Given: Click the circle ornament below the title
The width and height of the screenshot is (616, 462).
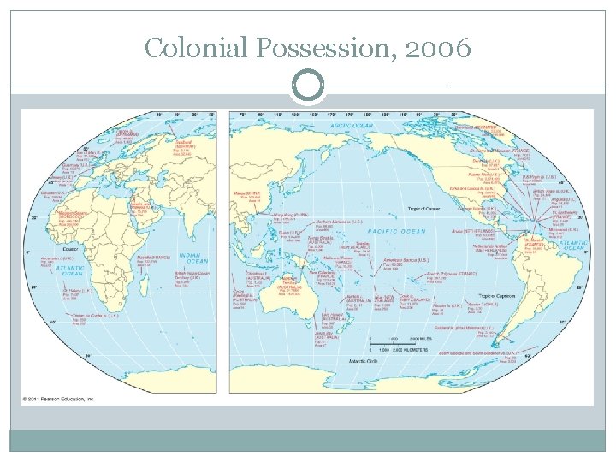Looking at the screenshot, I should click(x=308, y=86).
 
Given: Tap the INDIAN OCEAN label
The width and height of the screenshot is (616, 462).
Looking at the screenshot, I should click(x=192, y=258).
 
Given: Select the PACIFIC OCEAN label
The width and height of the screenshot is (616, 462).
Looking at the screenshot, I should click(x=395, y=231).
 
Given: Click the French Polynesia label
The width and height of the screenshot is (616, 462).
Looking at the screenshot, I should click(x=453, y=273).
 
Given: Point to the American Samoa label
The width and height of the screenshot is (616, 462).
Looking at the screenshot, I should click(x=404, y=259).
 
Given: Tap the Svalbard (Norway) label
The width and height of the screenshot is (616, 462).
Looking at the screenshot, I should click(x=178, y=145).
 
